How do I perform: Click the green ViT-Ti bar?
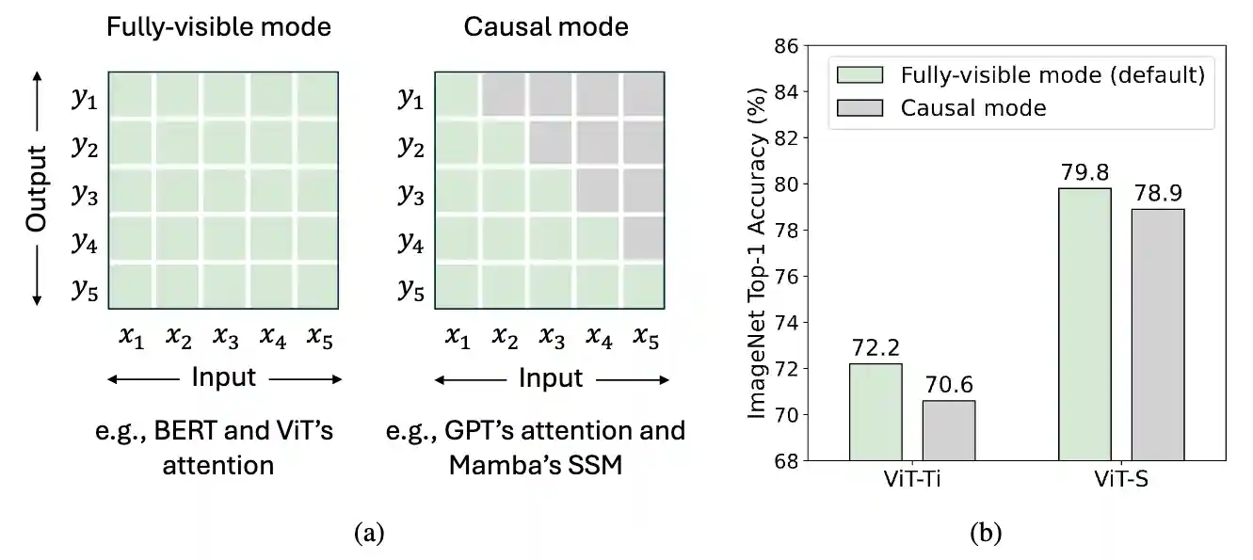click(875, 411)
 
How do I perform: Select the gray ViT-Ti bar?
click(948, 430)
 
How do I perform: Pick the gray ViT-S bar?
click(1157, 334)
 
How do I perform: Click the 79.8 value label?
click(1084, 173)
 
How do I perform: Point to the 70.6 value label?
click(948, 386)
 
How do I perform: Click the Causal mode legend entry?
click(972, 107)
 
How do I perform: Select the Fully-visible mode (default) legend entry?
click(1052, 75)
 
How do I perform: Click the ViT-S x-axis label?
click(1121, 478)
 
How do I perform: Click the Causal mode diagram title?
click(546, 26)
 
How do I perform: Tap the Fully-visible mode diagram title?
click(218, 26)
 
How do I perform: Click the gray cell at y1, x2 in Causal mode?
click(505, 96)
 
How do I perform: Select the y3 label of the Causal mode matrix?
click(410, 195)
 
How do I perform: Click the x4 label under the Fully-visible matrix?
click(272, 336)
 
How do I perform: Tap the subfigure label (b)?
click(986, 535)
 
